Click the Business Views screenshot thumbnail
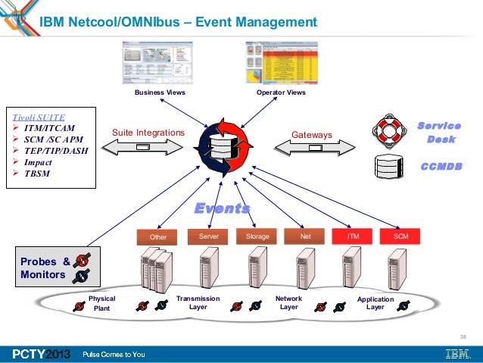(x=159, y=63)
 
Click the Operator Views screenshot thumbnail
(x=281, y=63)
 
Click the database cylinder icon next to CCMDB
(x=388, y=167)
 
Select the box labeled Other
(x=158, y=236)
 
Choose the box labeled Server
(x=208, y=236)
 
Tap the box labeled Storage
(x=257, y=236)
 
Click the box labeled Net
(x=306, y=236)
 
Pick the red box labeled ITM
(x=353, y=236)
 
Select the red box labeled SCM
(x=400, y=236)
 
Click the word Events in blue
(x=223, y=208)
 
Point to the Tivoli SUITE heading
(x=37, y=117)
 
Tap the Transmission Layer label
(x=198, y=303)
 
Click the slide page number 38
(x=463, y=336)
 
